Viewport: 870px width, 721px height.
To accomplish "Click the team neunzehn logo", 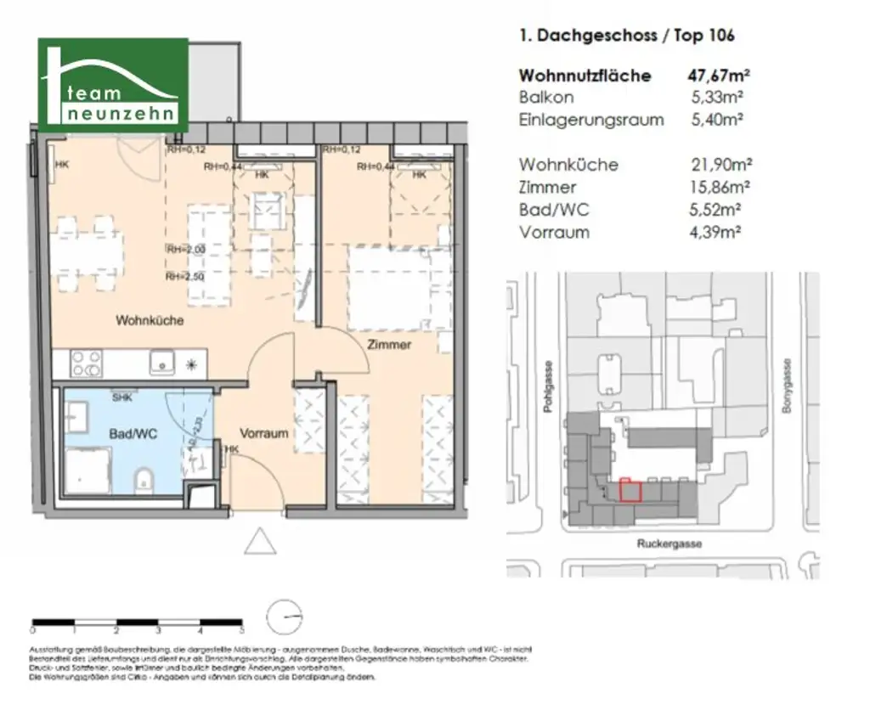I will (x=113, y=85).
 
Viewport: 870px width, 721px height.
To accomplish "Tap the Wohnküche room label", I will (x=150, y=321).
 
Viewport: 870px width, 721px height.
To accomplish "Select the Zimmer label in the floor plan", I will (x=389, y=345).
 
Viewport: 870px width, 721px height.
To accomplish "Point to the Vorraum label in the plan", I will (x=263, y=433).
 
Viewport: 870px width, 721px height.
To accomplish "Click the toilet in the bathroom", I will (x=144, y=482).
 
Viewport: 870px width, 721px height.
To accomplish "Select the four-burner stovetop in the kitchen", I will (x=87, y=363).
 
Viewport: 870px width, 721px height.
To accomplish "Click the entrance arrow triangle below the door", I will (x=260, y=540).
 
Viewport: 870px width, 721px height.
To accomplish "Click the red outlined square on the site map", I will (x=630, y=491).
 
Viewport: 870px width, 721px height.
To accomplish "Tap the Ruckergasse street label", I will (x=669, y=544).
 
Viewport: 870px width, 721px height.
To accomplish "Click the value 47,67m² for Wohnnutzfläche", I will (x=719, y=76).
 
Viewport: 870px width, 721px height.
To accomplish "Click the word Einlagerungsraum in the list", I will (x=591, y=120).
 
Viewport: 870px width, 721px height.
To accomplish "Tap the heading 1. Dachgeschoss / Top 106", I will (x=626, y=36).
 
